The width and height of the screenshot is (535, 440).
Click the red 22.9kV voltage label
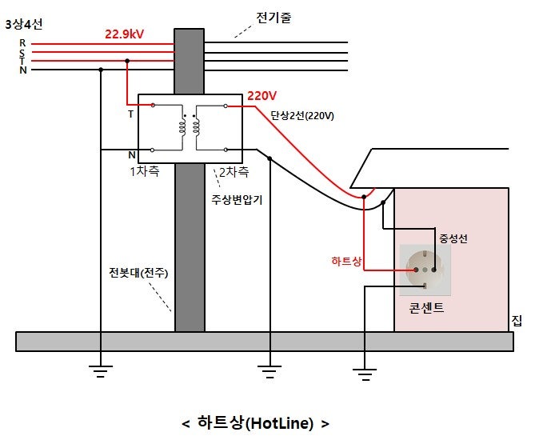pyautogui.click(x=124, y=34)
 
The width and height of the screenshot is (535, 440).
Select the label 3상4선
pyautogui.click(x=23, y=24)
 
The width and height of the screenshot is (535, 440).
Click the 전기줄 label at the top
pyautogui.click(x=273, y=18)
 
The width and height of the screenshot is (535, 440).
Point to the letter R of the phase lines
pyautogui.click(x=22, y=42)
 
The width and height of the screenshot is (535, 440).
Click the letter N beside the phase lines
pyautogui.click(x=22, y=70)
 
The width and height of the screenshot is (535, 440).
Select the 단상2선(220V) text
pyautogui.click(x=302, y=115)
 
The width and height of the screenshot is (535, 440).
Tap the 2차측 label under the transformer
pyautogui.click(x=234, y=171)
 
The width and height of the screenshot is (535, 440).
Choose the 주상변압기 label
pyautogui.click(x=237, y=200)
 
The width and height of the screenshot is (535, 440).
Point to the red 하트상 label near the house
pyautogui.click(x=346, y=261)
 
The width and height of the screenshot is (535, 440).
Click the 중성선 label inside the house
pyautogui.click(x=454, y=238)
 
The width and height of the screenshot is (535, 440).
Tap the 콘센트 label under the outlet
pyautogui.click(x=425, y=307)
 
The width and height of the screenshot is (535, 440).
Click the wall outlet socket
pyautogui.click(x=424, y=269)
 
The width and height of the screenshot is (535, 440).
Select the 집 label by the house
pyautogui.click(x=517, y=322)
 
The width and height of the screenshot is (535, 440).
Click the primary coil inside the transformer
pyautogui.click(x=172, y=126)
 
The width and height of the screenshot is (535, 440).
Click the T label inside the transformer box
pyautogui.click(x=130, y=114)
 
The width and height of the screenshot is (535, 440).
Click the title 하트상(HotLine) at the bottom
pyautogui.click(x=255, y=422)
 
